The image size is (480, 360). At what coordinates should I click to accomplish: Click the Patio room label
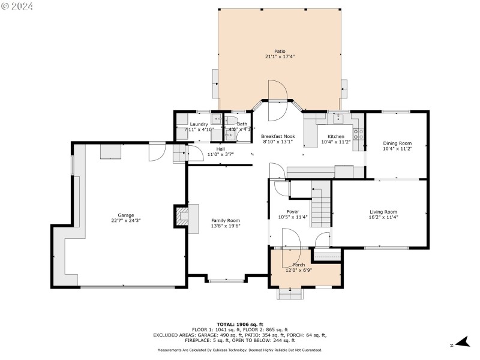tap(280, 51)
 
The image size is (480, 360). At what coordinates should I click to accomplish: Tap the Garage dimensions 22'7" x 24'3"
tap(125, 221)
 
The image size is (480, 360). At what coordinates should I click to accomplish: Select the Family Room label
tap(225, 220)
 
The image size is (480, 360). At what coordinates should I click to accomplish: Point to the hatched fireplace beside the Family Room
tap(181, 217)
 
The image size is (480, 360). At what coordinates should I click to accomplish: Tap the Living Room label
tap(383, 211)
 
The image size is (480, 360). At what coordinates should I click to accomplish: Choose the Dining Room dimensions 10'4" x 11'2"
tap(397, 149)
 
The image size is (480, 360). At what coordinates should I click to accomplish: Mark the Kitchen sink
tap(338, 117)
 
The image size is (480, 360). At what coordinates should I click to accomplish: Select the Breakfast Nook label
tap(278, 136)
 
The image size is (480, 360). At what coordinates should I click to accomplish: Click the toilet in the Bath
tap(229, 134)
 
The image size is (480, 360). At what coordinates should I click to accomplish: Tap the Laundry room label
tap(199, 124)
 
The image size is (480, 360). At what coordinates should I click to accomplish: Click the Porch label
tap(298, 265)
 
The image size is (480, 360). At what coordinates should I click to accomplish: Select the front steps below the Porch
tap(290, 294)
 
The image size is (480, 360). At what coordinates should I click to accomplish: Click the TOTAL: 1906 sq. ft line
tap(239, 323)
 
